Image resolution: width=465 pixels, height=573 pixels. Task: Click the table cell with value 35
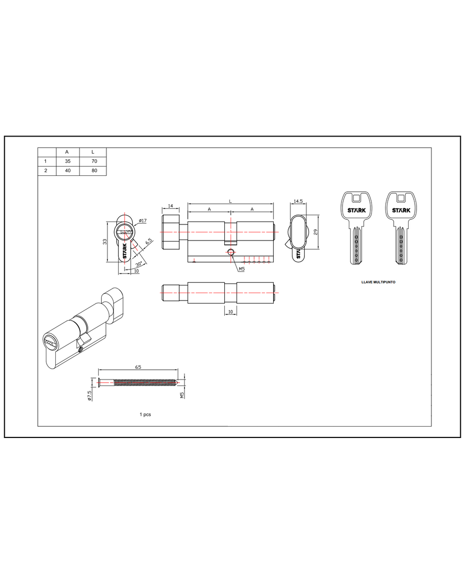click(68, 161)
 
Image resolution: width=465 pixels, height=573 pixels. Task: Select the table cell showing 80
click(94, 171)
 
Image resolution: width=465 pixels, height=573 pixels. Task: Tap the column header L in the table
click(92, 152)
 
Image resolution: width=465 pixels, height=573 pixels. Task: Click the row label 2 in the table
click(45, 171)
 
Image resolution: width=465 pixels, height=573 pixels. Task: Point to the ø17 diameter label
click(143, 221)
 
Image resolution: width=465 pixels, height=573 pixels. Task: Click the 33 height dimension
click(105, 242)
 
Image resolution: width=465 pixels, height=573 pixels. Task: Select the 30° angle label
click(138, 264)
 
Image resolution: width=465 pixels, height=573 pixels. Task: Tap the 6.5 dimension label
click(149, 242)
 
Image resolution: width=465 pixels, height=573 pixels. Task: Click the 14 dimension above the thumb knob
click(171, 206)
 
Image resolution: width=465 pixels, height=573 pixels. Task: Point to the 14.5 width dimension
click(299, 201)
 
